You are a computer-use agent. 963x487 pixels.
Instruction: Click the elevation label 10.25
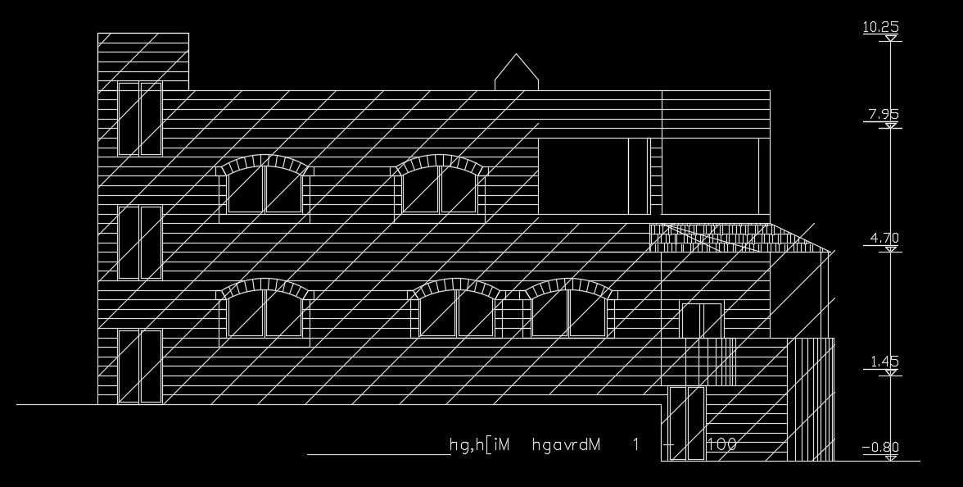pyautogui.click(x=881, y=28)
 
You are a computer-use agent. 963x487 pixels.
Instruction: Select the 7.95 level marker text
pyautogui.click(x=884, y=115)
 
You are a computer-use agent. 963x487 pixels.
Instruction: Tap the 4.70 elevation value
pyautogui.click(x=884, y=239)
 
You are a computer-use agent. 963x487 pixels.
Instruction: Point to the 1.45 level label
pyautogui.click(x=884, y=362)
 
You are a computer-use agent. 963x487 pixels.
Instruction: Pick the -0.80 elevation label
pyautogui.click(x=880, y=448)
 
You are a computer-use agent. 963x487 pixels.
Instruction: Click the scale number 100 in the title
pyautogui.click(x=721, y=444)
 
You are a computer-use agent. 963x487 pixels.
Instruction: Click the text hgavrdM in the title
pyautogui.click(x=567, y=445)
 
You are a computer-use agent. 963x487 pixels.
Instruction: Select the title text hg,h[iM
pyautogui.click(x=480, y=445)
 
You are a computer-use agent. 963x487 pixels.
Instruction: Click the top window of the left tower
pyautogui.click(x=140, y=119)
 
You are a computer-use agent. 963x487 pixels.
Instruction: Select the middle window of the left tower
pyautogui.click(x=140, y=243)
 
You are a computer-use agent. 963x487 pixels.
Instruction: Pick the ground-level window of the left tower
pyautogui.click(x=140, y=366)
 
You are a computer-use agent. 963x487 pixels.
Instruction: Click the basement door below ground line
pyautogui.click(x=686, y=423)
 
